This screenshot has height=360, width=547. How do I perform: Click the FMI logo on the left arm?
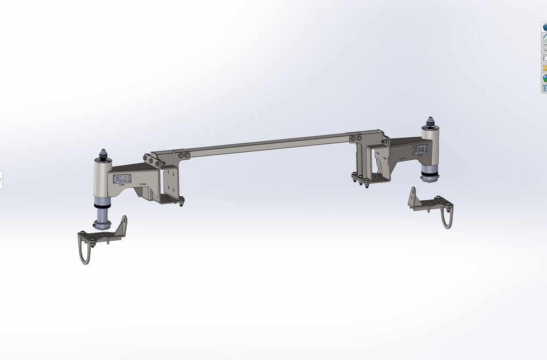pos(121,179)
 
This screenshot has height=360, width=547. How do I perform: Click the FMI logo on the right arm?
pos(420,150)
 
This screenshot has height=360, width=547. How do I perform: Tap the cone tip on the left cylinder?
pos(102,153)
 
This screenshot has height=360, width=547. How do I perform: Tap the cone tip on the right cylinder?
pos(431,120)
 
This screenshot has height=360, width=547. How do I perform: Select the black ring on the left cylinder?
pos(102,206)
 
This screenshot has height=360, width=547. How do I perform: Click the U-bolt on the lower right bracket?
pos(447,218)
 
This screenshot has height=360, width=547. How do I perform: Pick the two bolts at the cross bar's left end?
pos(184,156)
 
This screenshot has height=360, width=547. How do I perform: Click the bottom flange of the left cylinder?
pos(102,224)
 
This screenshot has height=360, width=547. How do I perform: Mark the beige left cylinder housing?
pos(101,178)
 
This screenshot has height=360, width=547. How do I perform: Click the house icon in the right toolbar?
pos(544,37)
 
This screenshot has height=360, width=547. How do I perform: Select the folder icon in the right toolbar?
pos(544,57)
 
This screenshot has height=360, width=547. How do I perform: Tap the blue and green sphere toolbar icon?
pos(544,78)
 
